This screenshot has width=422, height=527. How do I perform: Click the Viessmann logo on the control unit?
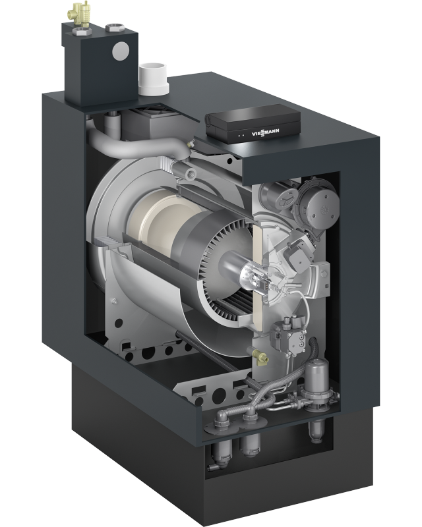point(266,133)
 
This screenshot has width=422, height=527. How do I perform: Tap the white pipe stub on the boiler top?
point(154,79)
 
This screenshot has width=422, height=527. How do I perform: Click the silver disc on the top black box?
point(121,51)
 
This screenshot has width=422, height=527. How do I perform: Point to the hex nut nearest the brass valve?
point(82,32)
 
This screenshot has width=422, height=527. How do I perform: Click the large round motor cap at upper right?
point(321,203)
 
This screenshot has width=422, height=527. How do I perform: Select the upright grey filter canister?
point(316,381)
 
